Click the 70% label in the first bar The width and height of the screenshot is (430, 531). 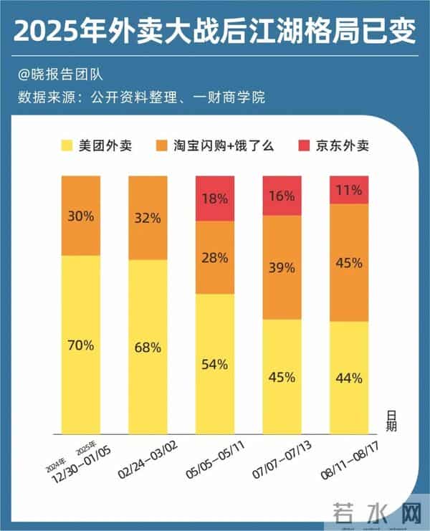(x=81, y=345)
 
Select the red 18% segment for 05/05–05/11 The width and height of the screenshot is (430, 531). (x=214, y=198)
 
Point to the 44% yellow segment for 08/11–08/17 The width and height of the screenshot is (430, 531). (x=349, y=378)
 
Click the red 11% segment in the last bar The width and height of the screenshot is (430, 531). (x=349, y=190)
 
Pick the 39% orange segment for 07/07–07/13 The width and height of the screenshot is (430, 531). (x=282, y=267)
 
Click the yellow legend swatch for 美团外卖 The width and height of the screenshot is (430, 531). (x=69, y=146)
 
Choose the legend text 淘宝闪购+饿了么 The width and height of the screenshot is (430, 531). (x=229, y=146)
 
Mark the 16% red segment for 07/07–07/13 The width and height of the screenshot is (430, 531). (x=282, y=195)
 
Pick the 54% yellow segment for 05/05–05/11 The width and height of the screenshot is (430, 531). (x=214, y=363)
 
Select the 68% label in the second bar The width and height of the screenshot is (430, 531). (x=148, y=347)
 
